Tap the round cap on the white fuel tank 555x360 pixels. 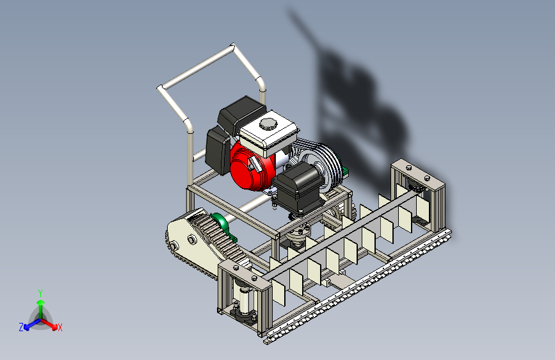coord(267,124)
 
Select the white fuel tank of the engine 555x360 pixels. coord(268,133)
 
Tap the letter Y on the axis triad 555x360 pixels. coord(40,293)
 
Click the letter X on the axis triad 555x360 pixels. coord(60,327)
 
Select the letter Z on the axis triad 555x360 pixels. coord(21,327)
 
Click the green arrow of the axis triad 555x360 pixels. coord(41,309)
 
